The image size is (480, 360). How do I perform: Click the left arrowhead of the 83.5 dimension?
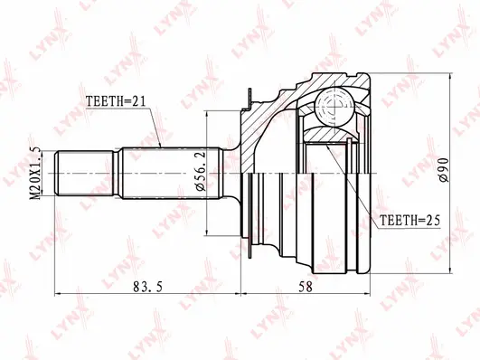pos(60,293)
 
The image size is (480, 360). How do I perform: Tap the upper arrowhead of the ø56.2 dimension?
pos(207,116)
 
